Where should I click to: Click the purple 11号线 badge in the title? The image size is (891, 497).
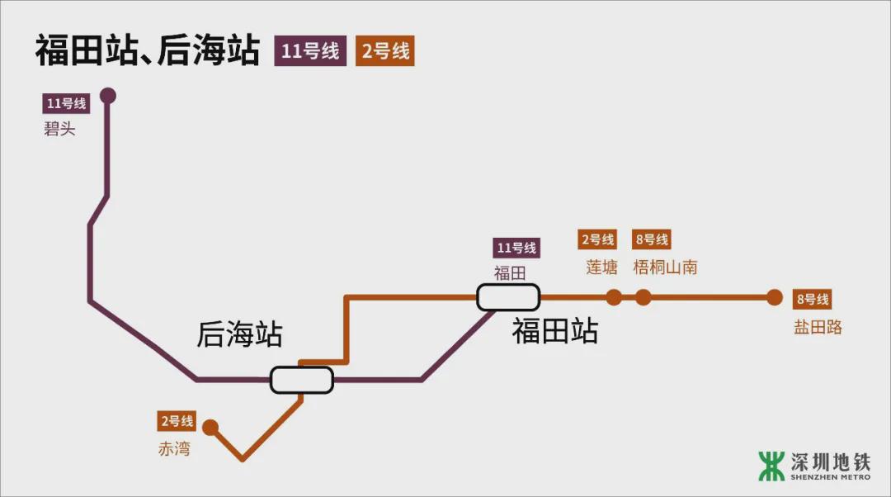click(310, 51)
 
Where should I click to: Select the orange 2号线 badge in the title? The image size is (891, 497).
click(384, 51)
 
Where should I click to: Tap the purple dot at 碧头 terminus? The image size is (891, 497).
click(107, 96)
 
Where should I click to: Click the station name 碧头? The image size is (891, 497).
click(59, 129)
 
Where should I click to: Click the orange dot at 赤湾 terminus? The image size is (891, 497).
click(210, 428)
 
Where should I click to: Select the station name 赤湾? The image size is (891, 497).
click(174, 449)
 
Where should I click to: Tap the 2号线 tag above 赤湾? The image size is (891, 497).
click(177, 422)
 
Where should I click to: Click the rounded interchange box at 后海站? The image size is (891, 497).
click(302, 380)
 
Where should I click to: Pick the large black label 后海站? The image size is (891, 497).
click(239, 334)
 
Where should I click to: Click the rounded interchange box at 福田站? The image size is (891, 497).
click(508, 297)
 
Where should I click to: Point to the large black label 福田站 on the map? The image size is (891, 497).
click(554, 331)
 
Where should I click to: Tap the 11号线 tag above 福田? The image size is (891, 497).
click(516, 248)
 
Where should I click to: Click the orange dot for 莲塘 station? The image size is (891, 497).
click(614, 298)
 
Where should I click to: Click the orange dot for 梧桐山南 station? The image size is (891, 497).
click(643, 298)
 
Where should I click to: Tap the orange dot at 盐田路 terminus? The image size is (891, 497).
click(774, 298)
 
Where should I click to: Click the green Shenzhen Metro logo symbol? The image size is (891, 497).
click(771, 466)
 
